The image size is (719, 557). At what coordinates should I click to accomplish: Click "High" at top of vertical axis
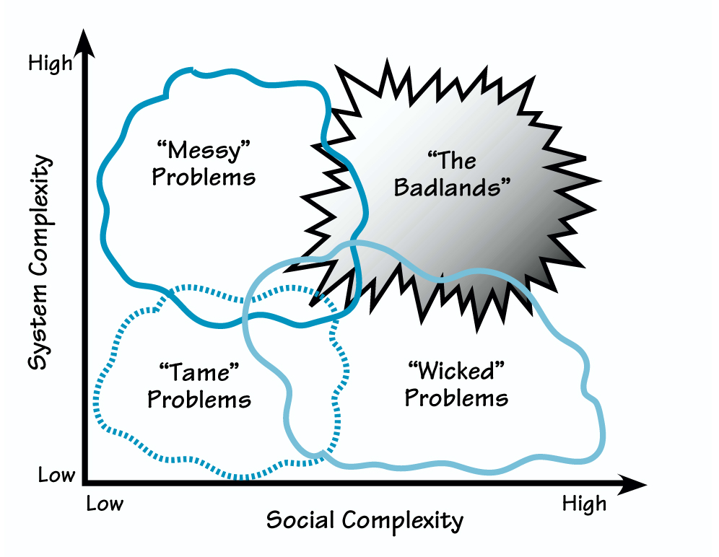(x=50, y=63)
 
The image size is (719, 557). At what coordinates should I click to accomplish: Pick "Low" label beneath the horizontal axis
(x=105, y=503)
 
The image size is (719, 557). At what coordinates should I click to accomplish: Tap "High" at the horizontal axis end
(x=584, y=503)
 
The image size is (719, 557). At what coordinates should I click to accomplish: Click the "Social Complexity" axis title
(x=365, y=520)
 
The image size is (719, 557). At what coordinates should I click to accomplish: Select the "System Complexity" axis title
(x=42, y=263)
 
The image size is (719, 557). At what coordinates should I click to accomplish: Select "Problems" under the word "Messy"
(x=204, y=177)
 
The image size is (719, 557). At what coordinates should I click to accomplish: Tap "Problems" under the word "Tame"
(x=199, y=400)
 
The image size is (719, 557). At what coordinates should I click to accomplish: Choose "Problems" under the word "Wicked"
(x=456, y=398)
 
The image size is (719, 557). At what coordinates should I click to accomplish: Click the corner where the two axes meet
(x=86, y=481)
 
